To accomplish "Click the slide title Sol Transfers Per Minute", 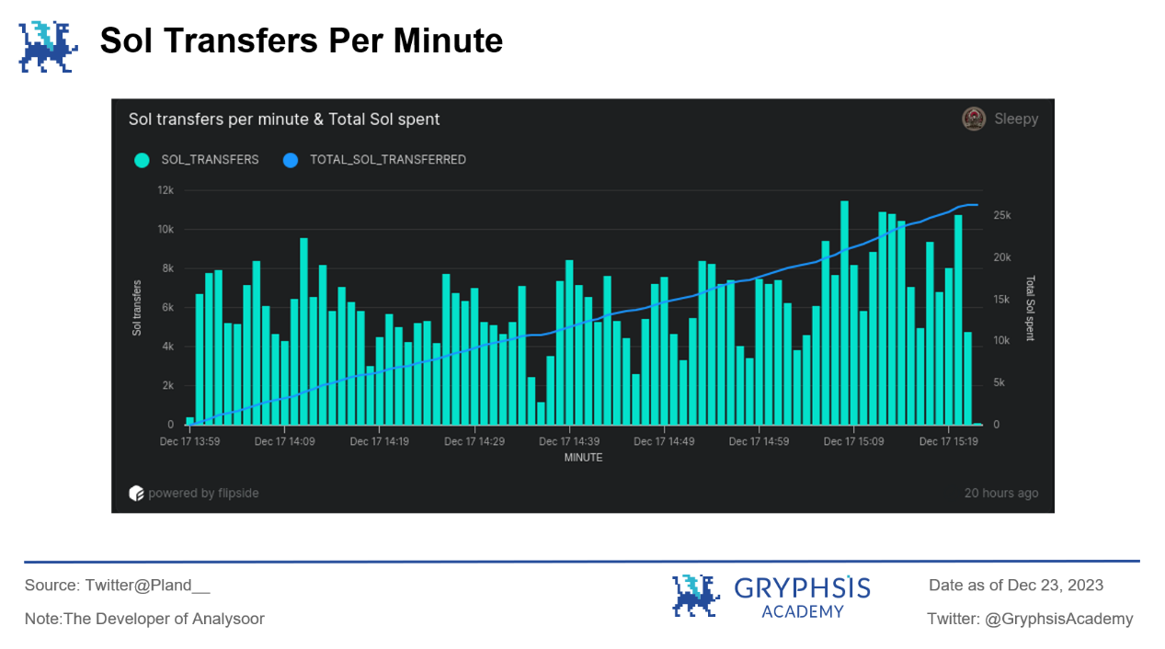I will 301,41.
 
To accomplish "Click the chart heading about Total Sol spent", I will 284,120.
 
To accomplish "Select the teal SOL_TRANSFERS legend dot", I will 141,160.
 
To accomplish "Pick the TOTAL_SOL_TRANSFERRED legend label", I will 387,160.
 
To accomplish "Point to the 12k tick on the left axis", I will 166,190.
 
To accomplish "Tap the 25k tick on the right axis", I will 1002,215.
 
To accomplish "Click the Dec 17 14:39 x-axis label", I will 569,442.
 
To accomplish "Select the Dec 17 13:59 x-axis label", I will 189,442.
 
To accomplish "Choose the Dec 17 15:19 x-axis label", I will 949,442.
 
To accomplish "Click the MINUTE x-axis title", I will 584,458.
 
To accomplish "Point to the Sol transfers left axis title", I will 137,307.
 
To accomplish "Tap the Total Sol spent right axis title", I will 1030,308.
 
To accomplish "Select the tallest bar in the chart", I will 844,313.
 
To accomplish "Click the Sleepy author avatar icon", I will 974,119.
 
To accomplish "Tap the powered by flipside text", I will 203,494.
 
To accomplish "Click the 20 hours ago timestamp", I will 1000,494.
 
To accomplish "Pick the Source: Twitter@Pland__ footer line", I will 118,586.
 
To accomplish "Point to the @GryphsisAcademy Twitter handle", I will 1058,619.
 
